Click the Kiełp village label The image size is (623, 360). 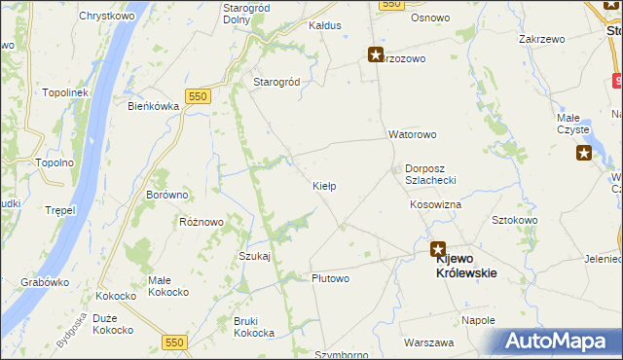point(324,185)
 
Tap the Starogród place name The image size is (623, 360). point(276,83)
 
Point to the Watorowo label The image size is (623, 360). point(413,134)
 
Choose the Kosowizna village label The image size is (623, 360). point(435,205)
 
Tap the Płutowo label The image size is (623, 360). point(330,278)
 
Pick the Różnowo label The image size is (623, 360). point(202,222)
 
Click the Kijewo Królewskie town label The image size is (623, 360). point(465,266)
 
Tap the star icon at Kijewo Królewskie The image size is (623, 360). point(438,249)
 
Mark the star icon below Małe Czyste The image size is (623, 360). point(584,152)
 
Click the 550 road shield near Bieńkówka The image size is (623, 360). point(199,95)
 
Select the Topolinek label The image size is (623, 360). point(65,92)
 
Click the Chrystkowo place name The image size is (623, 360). point(106,17)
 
